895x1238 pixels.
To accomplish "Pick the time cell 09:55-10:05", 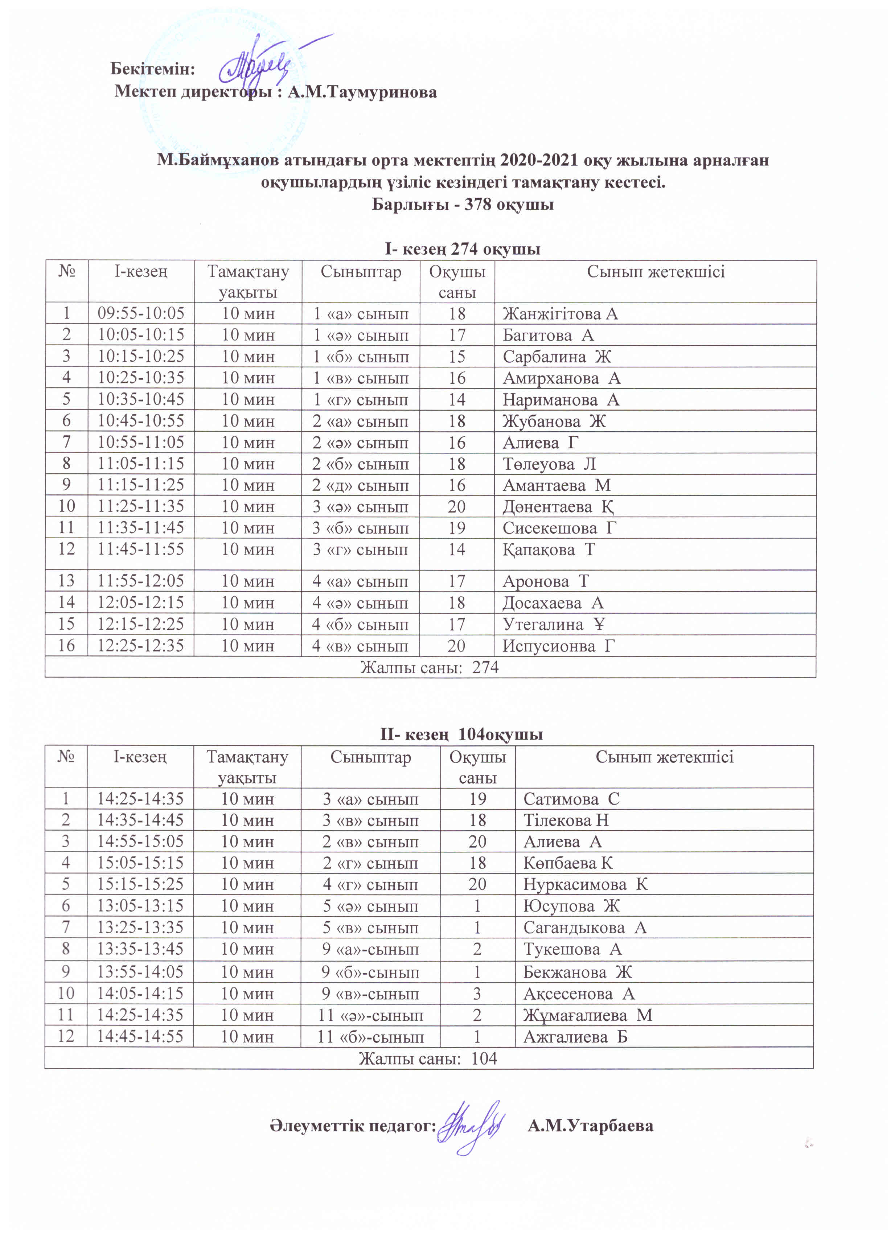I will (141, 313).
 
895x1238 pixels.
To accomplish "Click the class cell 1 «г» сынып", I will (360, 400).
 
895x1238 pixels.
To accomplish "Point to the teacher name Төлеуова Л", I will (549, 464).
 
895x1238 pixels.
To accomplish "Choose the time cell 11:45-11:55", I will (141, 549).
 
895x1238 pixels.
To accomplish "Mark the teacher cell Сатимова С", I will (571, 799).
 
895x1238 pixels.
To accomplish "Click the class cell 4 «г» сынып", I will (370, 884).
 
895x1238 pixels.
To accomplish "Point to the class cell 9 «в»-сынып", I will (370, 994).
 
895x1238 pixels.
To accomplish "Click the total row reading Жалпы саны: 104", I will (428, 1058).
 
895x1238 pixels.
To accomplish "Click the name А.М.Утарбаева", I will (590, 1126).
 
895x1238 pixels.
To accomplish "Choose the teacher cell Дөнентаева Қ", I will (558, 507).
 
